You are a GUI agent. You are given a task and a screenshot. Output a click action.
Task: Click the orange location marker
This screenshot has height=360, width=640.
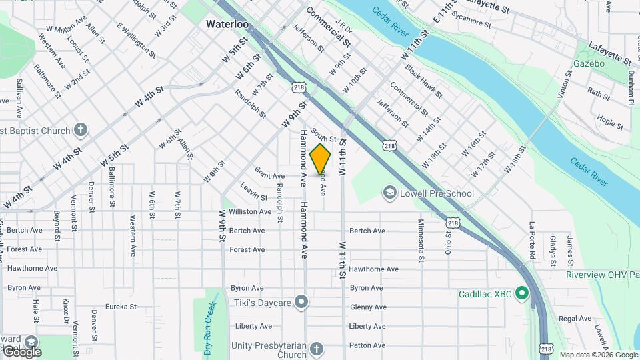pyautogui.click(x=320, y=159)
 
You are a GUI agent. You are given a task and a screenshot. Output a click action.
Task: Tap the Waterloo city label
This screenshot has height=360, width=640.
pyautogui.click(x=227, y=24)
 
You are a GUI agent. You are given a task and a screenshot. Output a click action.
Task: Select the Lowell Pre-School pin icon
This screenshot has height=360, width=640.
pyautogui.click(x=389, y=193)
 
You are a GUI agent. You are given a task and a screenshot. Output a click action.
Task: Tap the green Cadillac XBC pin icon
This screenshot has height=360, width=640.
pyautogui.click(x=522, y=293)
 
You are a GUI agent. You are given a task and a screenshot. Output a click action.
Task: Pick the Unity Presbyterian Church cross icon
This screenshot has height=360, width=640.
pyautogui.click(x=317, y=349)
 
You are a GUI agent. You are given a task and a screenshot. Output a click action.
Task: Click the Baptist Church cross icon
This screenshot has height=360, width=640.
pyautogui.click(x=81, y=130)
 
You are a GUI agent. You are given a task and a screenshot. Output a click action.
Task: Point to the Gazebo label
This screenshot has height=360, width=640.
pyautogui.click(x=589, y=64)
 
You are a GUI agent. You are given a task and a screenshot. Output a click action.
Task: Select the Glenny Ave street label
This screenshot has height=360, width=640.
pyautogui.click(x=368, y=307)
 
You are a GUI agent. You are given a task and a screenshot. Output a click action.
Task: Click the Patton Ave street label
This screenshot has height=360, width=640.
pyautogui.click(x=367, y=345)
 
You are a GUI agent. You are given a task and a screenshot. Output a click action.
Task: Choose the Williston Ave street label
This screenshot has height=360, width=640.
pyautogui.click(x=250, y=211)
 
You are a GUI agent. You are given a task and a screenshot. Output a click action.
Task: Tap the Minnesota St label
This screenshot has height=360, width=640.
pyautogui.click(x=421, y=237)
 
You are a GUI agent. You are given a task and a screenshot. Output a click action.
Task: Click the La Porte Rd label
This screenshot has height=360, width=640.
pyautogui.click(x=532, y=240)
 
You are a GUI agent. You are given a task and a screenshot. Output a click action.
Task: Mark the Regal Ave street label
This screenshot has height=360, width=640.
pyautogui.click(x=575, y=319)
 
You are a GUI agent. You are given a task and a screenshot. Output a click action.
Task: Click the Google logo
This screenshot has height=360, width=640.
pyautogui.click(x=22, y=351)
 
